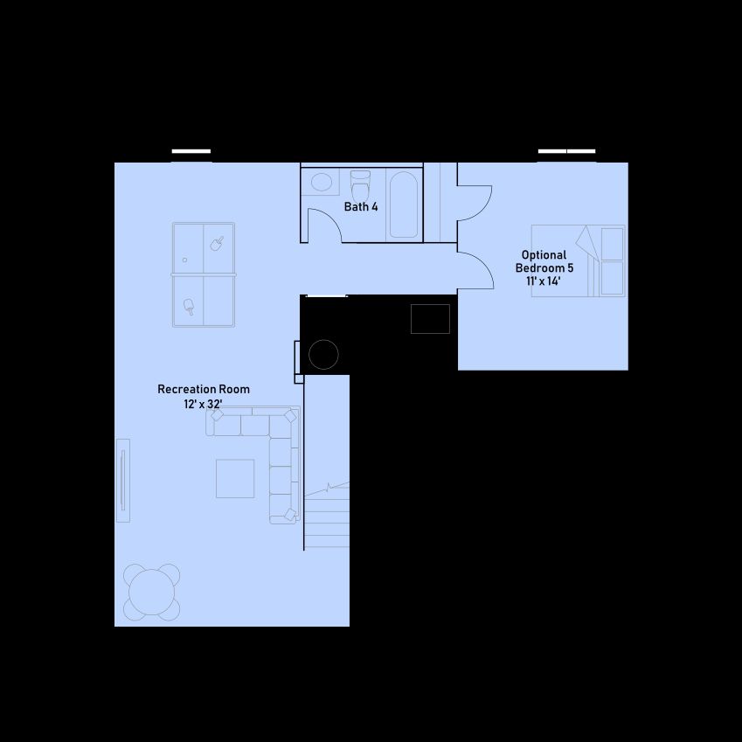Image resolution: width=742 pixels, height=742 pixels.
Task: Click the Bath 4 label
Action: coord(361,207)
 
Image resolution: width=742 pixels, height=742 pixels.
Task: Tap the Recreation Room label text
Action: coord(204,389)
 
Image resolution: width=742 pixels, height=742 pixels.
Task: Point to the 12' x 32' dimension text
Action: coord(203,404)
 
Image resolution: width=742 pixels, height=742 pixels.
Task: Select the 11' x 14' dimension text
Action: coord(544,281)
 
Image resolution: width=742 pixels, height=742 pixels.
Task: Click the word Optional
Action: coord(544,255)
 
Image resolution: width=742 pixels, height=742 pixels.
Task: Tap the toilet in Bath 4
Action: coord(361,187)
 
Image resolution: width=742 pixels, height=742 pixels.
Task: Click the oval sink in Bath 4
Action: coord(322,182)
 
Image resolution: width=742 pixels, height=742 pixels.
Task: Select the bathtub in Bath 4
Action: coord(404,204)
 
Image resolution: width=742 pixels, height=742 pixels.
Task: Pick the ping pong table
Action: coord(204,274)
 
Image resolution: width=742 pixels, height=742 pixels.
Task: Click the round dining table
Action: coord(152,592)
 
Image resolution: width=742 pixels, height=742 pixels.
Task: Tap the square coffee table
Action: coord(235,478)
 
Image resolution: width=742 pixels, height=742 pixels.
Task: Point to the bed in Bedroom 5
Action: coord(579,260)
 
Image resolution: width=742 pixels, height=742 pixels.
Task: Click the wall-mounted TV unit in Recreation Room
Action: coord(123,481)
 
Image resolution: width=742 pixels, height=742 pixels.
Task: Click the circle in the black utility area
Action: coord(323,355)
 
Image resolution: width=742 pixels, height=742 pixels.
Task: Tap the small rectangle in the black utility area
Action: coord(430,319)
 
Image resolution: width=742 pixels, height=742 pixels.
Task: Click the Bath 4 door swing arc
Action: coord(331,218)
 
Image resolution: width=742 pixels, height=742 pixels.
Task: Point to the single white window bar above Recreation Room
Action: coord(191,151)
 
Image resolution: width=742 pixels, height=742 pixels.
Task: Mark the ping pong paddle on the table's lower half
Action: coord(189,306)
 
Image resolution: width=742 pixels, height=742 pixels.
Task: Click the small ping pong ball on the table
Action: coord(184,260)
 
